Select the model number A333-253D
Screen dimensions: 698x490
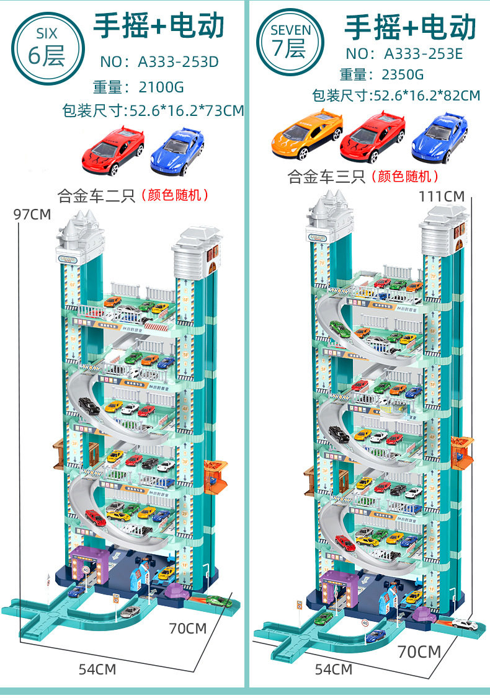click(178, 61)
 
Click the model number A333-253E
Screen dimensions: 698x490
click(424, 53)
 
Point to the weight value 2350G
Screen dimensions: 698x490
click(403, 75)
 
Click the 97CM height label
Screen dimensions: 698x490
click(32, 214)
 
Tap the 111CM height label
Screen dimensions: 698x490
click(442, 196)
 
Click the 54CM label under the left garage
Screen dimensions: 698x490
click(97, 669)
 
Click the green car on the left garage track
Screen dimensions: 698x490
click(218, 600)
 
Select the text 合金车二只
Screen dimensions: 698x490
click(96, 197)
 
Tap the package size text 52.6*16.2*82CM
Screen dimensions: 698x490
click(425, 95)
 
